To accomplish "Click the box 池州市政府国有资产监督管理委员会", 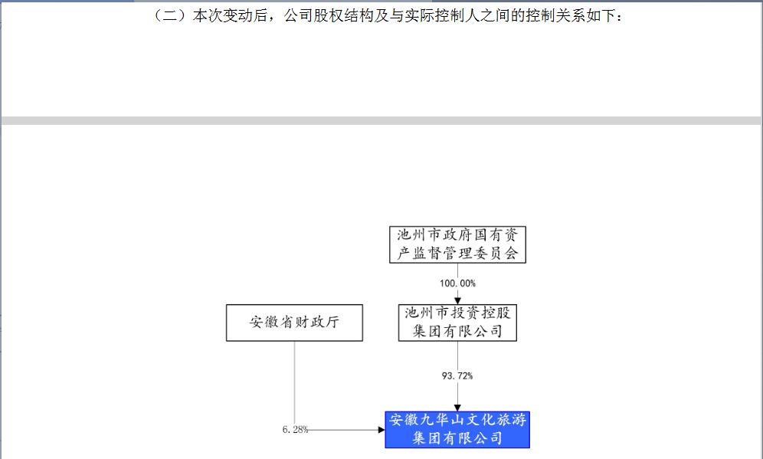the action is click(x=457, y=244).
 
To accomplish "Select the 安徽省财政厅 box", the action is click(x=294, y=323).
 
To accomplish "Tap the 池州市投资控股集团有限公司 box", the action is click(x=457, y=323).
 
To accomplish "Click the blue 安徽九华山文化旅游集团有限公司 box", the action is click(x=457, y=429).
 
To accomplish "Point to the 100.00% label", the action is click(x=457, y=284).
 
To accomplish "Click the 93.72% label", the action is click(x=457, y=375).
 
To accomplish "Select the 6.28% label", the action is click(x=295, y=429).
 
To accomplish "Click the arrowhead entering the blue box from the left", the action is click(x=381, y=430).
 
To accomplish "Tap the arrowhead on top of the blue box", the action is click(x=457, y=408).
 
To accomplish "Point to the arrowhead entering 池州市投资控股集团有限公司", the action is click(x=457, y=301).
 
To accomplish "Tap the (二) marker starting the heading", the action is click(x=170, y=15).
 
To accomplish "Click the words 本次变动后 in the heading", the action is click(x=230, y=15).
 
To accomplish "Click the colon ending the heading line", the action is click(x=619, y=17).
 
